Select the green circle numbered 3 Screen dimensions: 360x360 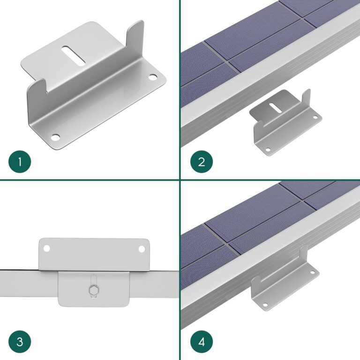(x=20, y=341)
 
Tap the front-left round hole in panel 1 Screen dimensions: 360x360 (x=55, y=137)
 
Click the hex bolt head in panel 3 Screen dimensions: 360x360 (x=93, y=291)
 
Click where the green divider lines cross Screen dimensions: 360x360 (x=180, y=180)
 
